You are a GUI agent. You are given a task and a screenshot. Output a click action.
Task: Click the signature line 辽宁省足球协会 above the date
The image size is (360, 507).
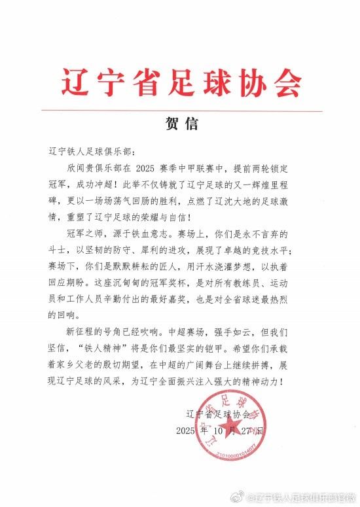219,415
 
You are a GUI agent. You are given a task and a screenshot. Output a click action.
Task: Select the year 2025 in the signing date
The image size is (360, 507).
189,432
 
